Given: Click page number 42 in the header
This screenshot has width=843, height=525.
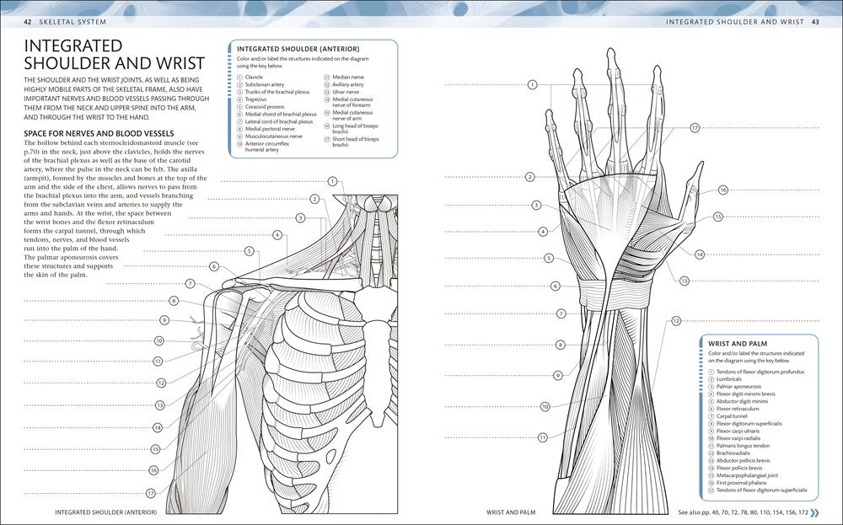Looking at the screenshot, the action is point(28,22).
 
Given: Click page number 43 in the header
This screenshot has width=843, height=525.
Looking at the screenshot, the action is point(815,22).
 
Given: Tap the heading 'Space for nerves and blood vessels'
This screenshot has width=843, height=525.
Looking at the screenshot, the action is point(99,133).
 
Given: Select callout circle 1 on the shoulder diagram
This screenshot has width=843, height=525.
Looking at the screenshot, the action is point(332,182).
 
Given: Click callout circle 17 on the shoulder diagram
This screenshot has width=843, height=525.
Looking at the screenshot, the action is point(151,493).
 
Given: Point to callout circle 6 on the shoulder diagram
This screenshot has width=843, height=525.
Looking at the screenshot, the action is point(214,266).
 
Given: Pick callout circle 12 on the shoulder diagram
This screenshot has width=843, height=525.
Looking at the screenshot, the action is point(161,383).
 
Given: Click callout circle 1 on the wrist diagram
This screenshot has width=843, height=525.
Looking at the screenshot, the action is point(532,84).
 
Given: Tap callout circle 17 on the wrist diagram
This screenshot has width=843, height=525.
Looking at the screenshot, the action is point(695,128).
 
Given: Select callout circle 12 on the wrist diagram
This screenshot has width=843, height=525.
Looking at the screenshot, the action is point(676,321).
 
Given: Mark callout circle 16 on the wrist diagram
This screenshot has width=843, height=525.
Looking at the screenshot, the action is point(722,190).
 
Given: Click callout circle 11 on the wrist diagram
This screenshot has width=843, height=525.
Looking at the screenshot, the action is point(542,437).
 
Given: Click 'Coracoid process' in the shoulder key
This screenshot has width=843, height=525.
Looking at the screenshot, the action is point(265,107).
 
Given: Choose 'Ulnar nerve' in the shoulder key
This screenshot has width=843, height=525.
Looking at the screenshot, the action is point(346,92).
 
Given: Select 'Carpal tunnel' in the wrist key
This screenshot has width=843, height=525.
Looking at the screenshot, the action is point(732,416).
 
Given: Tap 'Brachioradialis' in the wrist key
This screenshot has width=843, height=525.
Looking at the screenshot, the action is point(733,453).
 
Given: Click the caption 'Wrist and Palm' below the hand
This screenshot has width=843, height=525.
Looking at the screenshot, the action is point(511,512).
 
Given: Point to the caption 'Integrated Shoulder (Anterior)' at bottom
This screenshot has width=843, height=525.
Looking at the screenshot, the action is point(106,512).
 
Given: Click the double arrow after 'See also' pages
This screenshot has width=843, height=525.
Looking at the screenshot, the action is point(815,512).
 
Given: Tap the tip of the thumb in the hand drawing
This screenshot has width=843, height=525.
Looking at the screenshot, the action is point(701,163).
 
